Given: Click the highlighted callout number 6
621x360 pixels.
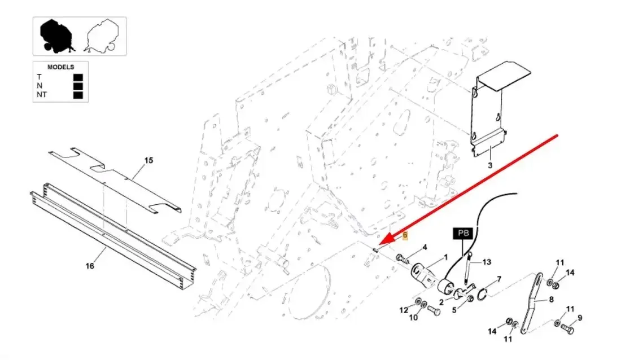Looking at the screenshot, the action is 405,235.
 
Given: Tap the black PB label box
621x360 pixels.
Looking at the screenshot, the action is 463,233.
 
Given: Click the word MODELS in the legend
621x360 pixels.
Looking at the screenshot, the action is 60,67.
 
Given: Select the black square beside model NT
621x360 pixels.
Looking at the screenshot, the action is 78,95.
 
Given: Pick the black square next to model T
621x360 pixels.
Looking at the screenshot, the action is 78,77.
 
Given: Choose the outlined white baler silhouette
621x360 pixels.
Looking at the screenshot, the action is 102,36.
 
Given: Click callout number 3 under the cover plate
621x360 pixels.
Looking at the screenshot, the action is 490,165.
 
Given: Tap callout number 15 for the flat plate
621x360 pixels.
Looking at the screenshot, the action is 148,160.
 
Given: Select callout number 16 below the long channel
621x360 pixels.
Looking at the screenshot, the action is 90,266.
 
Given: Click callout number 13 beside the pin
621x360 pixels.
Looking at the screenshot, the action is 487,262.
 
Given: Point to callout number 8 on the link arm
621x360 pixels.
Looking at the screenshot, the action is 552,300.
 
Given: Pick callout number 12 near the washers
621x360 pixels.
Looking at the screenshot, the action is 404,310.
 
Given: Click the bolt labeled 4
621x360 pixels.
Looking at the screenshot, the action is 402,260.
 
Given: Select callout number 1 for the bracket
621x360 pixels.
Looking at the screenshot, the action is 445,257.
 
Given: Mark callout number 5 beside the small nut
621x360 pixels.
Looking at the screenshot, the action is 454,310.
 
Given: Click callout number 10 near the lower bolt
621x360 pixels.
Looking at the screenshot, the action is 413,317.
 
